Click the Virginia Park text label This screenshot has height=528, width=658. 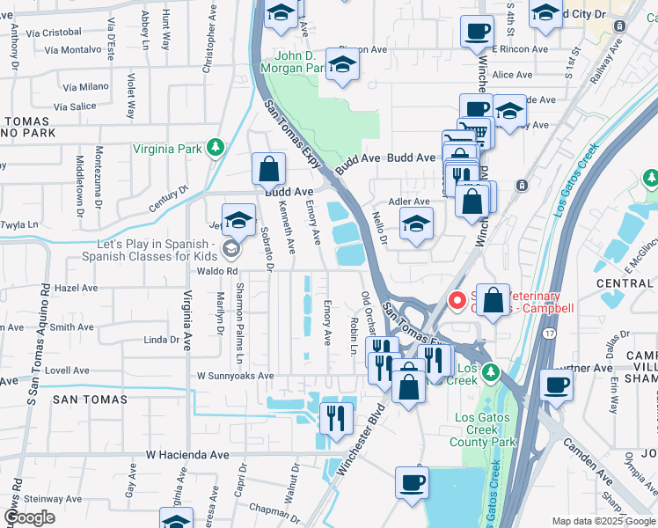coord(167,149)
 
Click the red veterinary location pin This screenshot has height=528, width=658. coord(457,301)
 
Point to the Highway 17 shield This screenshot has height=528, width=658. coord(549,334)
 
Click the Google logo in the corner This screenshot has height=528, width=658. coord(30,517)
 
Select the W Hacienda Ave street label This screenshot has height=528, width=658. coord(186,455)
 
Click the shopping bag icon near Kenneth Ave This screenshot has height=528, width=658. coord(268,167)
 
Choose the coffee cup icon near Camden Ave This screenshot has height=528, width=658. coord(556,384)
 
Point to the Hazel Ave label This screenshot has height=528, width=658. coord(76,288)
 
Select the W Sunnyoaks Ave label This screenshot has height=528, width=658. coord(235,376)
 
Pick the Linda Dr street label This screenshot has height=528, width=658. coord(161,340)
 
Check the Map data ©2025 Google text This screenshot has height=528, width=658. coord(603,521)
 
